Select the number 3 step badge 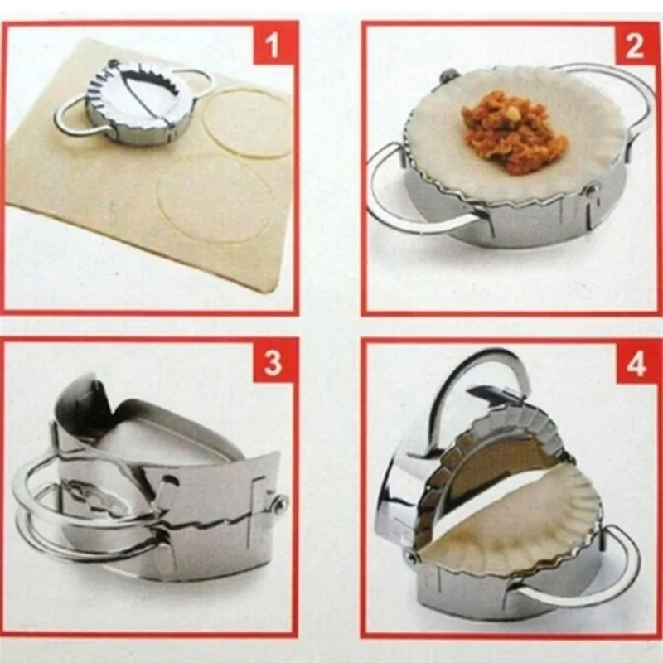[273, 363]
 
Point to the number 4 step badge [635, 363]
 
